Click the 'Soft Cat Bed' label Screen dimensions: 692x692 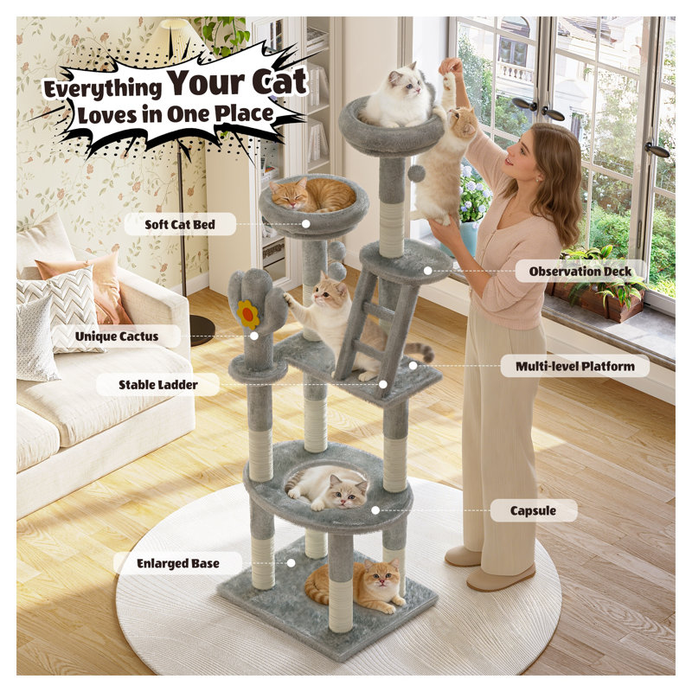click(180, 224)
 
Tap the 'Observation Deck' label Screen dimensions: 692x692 click(580, 272)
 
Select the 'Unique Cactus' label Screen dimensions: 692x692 click(117, 336)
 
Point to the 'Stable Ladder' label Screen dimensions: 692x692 click(158, 385)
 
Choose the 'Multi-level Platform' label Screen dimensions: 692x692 click(575, 366)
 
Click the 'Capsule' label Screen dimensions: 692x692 click(533, 510)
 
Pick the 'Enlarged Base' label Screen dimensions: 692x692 click(178, 563)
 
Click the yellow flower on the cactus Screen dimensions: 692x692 click(247, 315)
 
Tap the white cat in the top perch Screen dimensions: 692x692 click(395, 96)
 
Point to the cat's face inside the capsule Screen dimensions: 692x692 click(348, 491)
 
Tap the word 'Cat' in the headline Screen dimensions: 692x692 click(279, 82)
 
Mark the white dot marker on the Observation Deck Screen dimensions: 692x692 click(427, 271)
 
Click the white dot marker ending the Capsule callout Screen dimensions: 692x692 click(375, 510)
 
